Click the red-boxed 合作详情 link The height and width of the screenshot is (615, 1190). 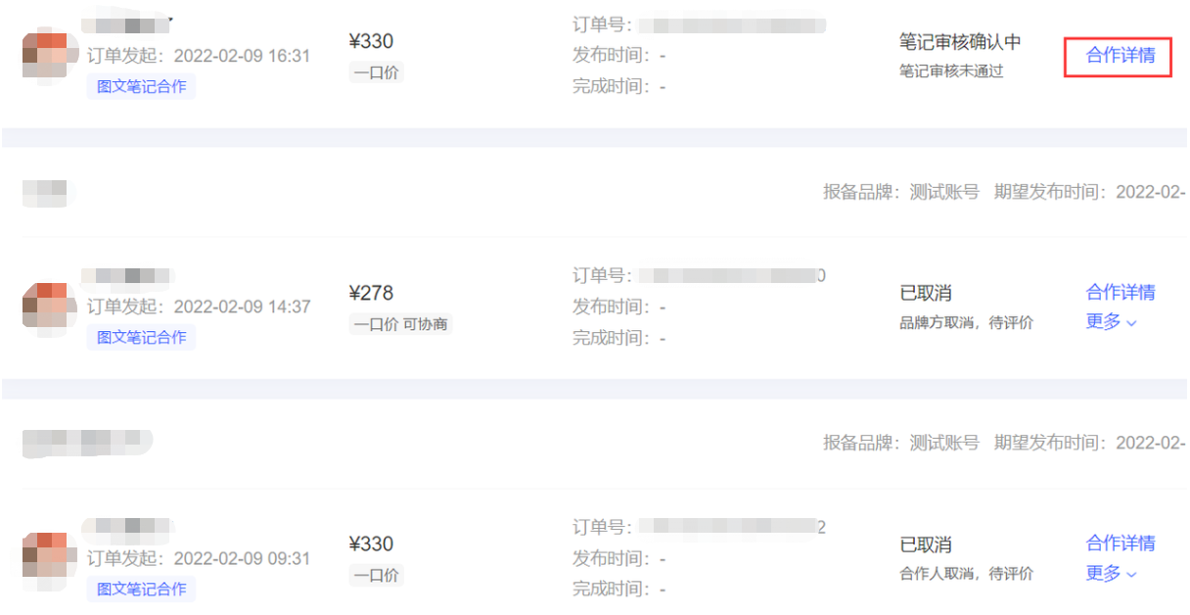(1120, 56)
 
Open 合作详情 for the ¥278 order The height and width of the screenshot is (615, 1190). (1120, 292)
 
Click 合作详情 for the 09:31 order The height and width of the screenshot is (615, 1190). (1120, 543)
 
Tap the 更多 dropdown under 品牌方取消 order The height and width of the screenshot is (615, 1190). (1111, 322)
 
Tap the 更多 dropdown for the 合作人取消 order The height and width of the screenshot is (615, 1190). (1111, 574)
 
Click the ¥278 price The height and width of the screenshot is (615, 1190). (371, 293)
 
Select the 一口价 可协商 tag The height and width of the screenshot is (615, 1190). (400, 324)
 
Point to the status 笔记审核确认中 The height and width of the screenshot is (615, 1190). (959, 42)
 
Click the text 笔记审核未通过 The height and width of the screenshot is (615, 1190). (951, 71)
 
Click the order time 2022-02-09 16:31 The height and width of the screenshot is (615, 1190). (241, 56)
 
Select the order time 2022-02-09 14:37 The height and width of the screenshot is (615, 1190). (241, 307)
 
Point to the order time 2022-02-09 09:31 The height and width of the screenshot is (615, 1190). (241, 558)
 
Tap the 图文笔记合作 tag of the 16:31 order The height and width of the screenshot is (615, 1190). (141, 86)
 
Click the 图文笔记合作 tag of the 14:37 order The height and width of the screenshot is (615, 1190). (141, 338)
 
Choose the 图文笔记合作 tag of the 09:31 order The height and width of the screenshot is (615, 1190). (141, 589)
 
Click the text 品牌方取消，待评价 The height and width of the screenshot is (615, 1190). (966, 323)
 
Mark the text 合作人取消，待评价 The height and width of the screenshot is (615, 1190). (966, 574)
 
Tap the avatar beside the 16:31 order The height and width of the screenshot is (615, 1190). (50, 57)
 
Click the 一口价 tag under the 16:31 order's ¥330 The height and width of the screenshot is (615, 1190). (376, 72)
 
